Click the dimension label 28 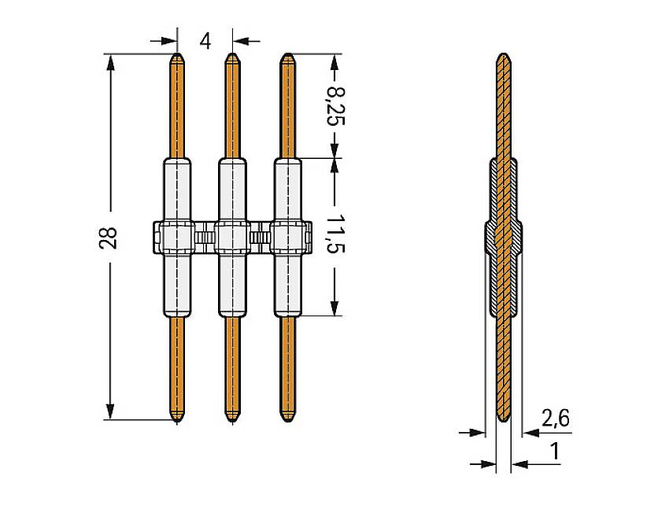pyautogui.click(x=108, y=238)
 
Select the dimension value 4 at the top pyautogui.click(x=205, y=41)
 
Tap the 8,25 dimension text pyautogui.click(x=335, y=106)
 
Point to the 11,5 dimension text pyautogui.click(x=335, y=233)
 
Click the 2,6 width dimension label pyautogui.click(x=556, y=419)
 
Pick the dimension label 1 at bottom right pyautogui.click(x=555, y=452)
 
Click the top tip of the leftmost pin pyautogui.click(x=177, y=54)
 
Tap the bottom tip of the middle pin pyautogui.click(x=232, y=421)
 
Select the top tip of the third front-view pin pyautogui.click(x=287, y=54)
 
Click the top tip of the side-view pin pyautogui.click(x=504, y=54)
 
